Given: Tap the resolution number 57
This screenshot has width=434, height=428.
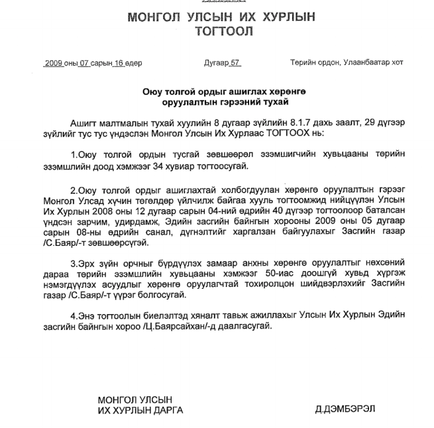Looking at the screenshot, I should (x=234, y=64).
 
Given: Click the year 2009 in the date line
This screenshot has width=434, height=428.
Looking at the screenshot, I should (x=53, y=64).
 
